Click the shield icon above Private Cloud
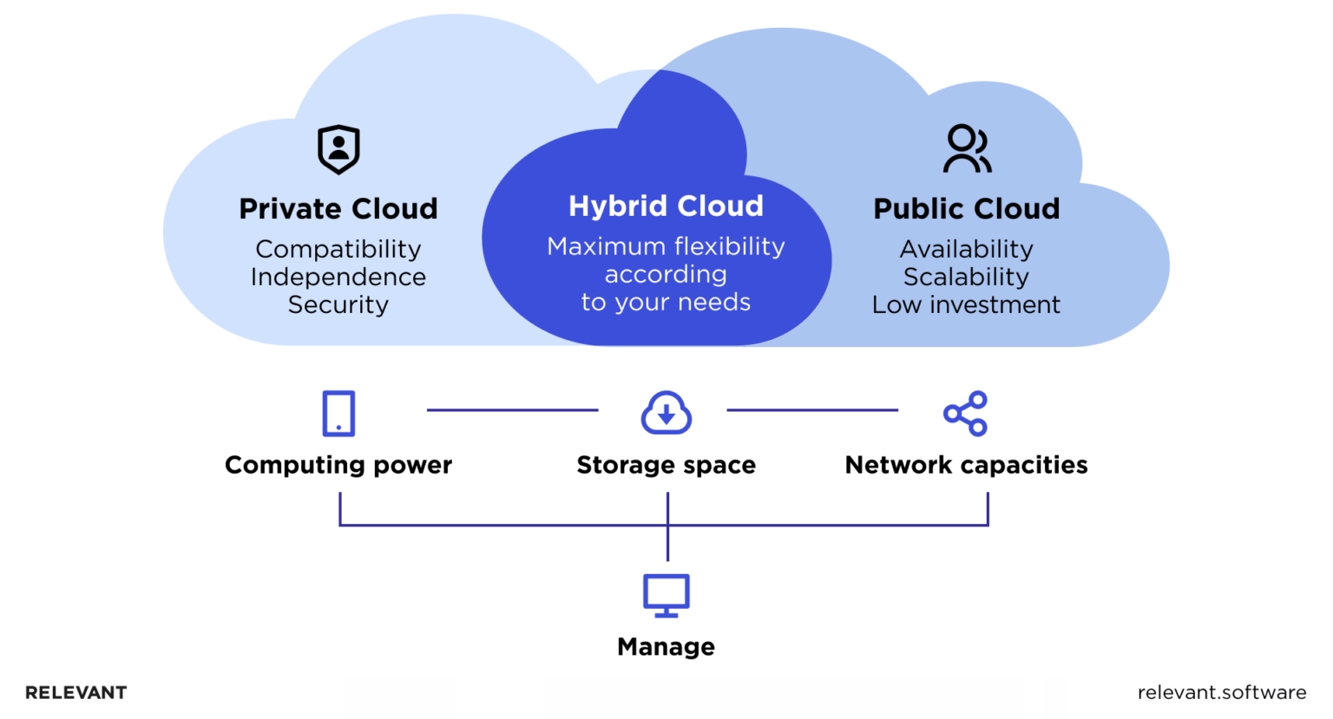[338, 149]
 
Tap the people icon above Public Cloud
[967, 149]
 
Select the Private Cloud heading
[338, 209]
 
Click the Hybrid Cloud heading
[666, 206]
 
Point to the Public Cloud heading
[966, 209]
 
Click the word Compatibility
[338, 250]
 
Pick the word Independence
[338, 278]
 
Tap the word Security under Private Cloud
[338, 305]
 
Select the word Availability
[966, 250]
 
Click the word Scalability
[966, 278]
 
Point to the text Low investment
[966, 305]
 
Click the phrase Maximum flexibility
[666, 247]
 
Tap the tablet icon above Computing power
[338, 414]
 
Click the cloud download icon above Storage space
[666, 413]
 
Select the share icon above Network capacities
[966, 414]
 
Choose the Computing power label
[338, 466]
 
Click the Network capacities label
[966, 466]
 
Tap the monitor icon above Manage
[666, 595]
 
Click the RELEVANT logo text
[76, 693]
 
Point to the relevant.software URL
[1221, 693]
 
